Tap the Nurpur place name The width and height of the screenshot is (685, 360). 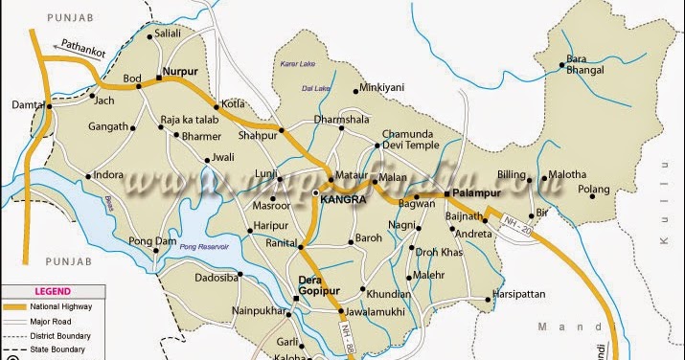click(x=181, y=70)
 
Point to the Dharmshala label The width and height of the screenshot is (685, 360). click(x=341, y=121)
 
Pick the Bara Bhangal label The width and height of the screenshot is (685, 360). click(x=585, y=64)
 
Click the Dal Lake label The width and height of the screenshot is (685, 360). click(x=314, y=89)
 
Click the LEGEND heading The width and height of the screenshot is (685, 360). click(x=51, y=291)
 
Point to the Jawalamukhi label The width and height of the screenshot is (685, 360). click(x=377, y=312)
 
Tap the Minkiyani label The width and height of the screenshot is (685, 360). click(x=382, y=88)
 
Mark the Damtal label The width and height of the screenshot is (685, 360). click(x=27, y=104)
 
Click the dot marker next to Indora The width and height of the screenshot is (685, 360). click(x=88, y=176)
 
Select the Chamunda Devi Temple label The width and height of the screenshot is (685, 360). click(x=410, y=139)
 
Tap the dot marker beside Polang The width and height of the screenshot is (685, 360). click(x=580, y=190)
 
